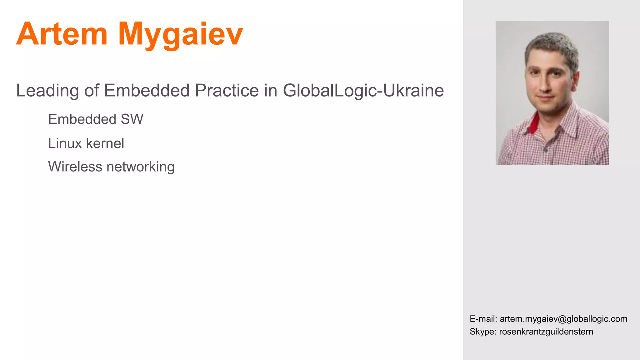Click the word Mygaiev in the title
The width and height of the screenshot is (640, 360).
(x=180, y=34)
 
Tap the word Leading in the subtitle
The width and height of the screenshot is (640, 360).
(x=47, y=91)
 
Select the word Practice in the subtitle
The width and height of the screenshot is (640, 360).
(x=227, y=91)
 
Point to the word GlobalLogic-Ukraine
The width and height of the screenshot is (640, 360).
(x=363, y=91)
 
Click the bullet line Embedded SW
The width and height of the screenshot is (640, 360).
(x=96, y=119)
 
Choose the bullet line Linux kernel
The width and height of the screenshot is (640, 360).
(x=86, y=143)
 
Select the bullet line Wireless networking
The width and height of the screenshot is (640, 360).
(x=111, y=167)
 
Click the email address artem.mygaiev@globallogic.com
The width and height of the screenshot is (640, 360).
(x=563, y=319)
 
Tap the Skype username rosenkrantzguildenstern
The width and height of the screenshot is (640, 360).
(x=546, y=332)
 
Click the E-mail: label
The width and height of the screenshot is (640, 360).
(x=483, y=319)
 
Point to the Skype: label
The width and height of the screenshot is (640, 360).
(x=483, y=332)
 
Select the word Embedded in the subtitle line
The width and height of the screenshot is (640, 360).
(x=147, y=91)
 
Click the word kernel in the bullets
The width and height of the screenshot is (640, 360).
(x=105, y=143)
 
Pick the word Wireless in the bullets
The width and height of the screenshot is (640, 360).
(x=75, y=167)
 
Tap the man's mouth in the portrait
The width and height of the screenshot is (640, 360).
(x=546, y=98)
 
